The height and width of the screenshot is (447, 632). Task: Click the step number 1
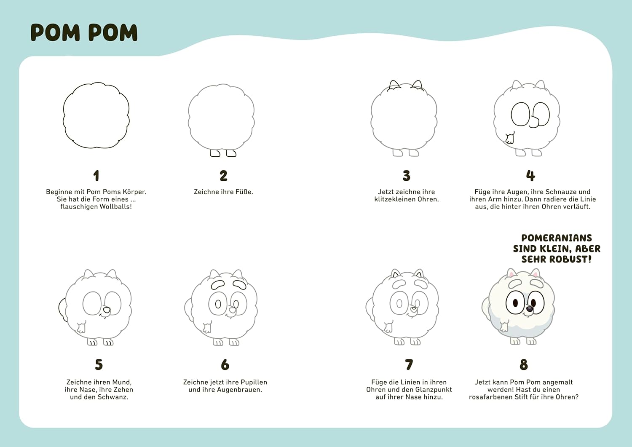coord(96,176)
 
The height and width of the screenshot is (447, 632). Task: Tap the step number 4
coord(530,176)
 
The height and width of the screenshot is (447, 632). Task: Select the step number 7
coord(409,364)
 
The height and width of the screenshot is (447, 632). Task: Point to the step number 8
coord(524,364)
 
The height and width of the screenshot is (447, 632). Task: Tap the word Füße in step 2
coord(244,192)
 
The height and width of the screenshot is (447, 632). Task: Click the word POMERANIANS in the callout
coord(557,238)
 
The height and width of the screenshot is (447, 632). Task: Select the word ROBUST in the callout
coord(570,260)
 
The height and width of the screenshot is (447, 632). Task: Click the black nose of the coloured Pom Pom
coord(530,309)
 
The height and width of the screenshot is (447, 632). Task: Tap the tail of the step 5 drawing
coord(62,309)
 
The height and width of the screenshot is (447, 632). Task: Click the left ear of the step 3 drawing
coord(394,85)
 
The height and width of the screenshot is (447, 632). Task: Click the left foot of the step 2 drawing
coord(215,153)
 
